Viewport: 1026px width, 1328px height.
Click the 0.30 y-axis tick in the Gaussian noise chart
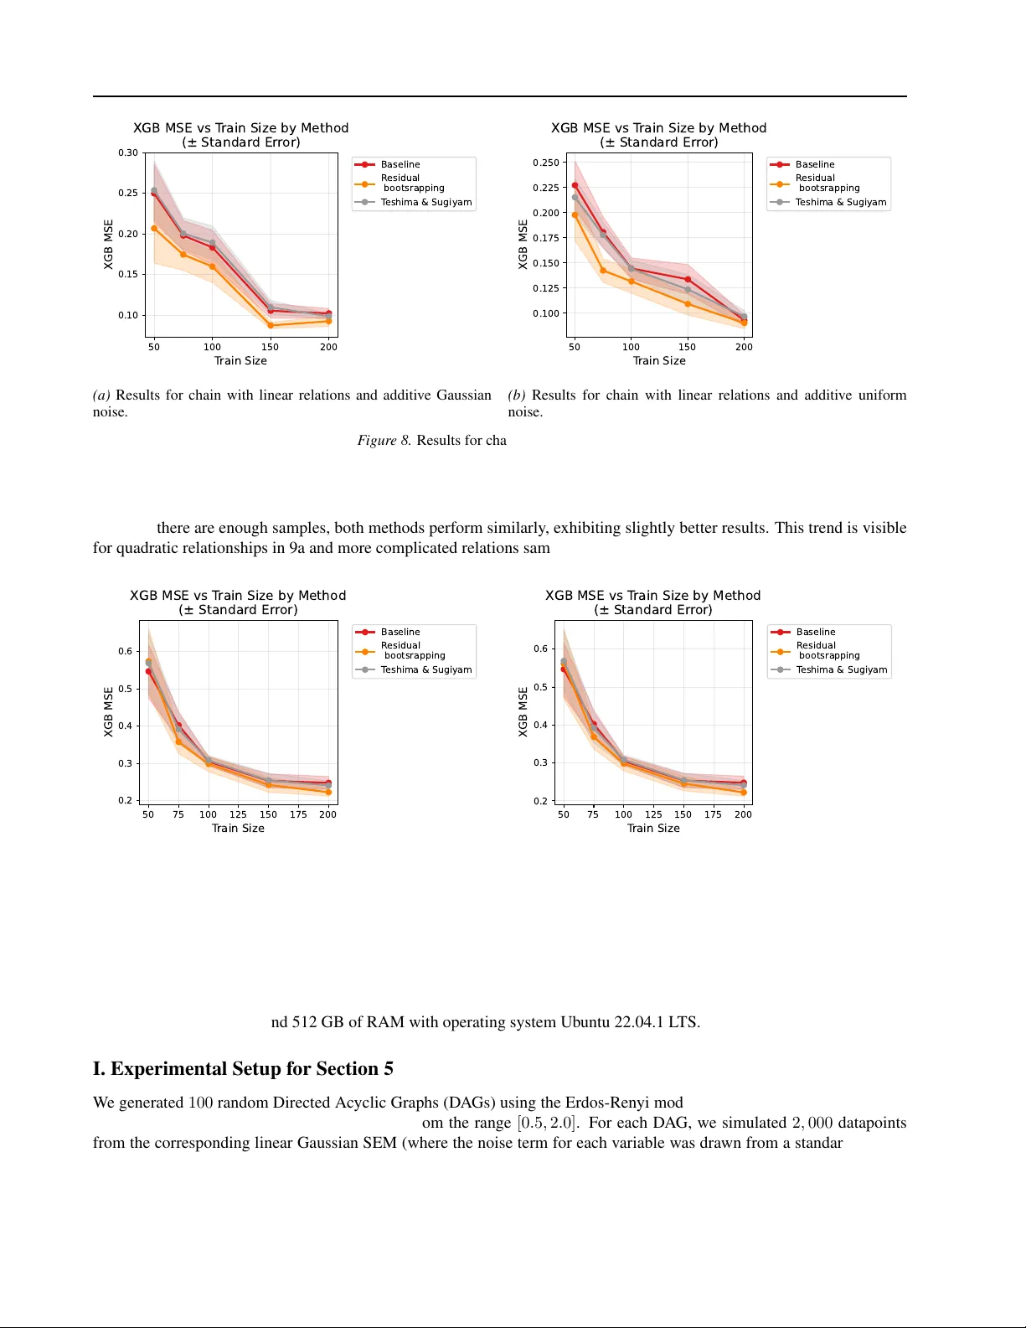click(127, 153)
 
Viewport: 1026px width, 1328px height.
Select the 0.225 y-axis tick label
click(545, 188)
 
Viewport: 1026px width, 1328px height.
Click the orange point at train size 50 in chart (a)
click(154, 228)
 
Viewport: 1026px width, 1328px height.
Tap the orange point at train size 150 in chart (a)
click(271, 325)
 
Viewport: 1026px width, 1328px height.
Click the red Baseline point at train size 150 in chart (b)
click(688, 279)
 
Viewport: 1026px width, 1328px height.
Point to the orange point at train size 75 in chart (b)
click(603, 271)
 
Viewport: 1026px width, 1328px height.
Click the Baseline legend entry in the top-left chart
click(400, 165)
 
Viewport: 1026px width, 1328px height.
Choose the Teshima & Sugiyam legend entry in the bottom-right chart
click(841, 669)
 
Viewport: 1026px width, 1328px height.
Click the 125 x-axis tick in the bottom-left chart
click(238, 814)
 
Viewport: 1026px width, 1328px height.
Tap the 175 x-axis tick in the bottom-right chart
click(713, 814)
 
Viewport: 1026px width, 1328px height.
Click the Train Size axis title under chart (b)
click(659, 361)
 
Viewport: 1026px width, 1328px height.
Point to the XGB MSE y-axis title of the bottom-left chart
click(108, 712)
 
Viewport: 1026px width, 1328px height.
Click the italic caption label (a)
click(101, 395)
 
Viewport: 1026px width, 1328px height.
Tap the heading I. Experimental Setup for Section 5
click(243, 1069)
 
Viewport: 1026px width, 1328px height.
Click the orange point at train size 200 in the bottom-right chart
click(743, 792)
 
